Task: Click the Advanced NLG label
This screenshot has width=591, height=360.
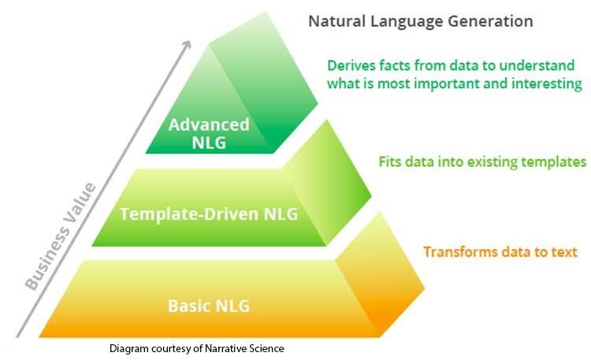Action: pyautogui.click(x=209, y=134)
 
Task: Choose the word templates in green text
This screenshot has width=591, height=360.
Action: pyautogui.click(x=553, y=162)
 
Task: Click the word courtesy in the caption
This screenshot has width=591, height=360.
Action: pyautogui.click(x=174, y=347)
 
